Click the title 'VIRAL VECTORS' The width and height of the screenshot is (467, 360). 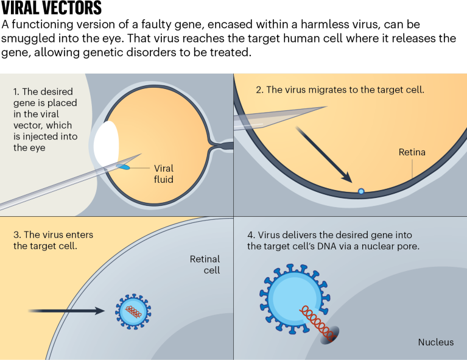pos(51,9)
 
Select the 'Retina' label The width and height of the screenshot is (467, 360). pos(412,152)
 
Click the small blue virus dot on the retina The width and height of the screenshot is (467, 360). pos(361,191)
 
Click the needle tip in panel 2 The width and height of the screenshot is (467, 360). pos(323,108)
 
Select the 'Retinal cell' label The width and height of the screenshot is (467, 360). pos(205,264)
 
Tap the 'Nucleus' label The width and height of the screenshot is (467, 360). pos(435,342)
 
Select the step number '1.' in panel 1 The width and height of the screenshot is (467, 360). pos(17,91)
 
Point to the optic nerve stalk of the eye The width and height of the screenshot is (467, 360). pos(222,147)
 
